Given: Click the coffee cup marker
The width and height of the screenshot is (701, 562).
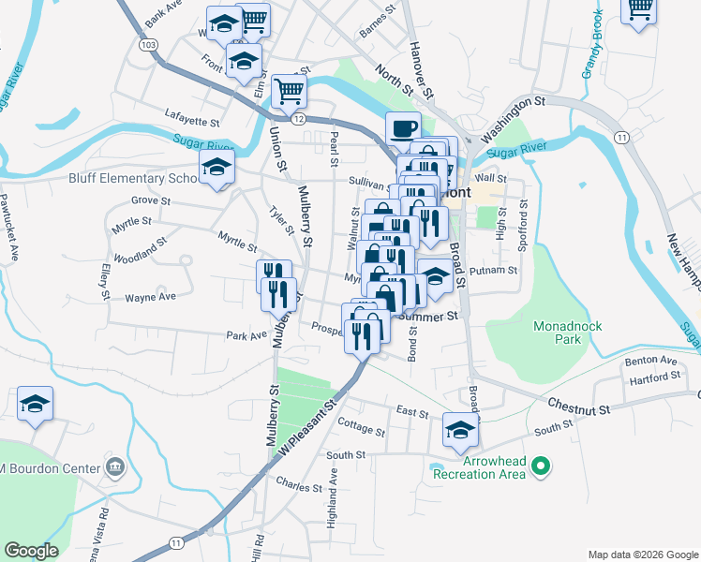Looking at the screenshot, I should pyautogui.click(x=403, y=128).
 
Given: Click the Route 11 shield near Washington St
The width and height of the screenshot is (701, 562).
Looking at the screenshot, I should pyautogui.click(x=620, y=137).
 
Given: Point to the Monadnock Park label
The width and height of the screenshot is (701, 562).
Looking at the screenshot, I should pyautogui.click(x=567, y=332).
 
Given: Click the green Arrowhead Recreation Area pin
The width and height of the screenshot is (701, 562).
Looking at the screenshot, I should pyautogui.click(x=540, y=465).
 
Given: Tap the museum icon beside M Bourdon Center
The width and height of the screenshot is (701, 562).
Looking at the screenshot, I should pyautogui.click(x=115, y=467).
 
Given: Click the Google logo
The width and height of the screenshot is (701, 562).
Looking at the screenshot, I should pyautogui.click(x=32, y=551).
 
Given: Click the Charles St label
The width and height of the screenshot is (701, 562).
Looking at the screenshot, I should pyautogui.click(x=299, y=484).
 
